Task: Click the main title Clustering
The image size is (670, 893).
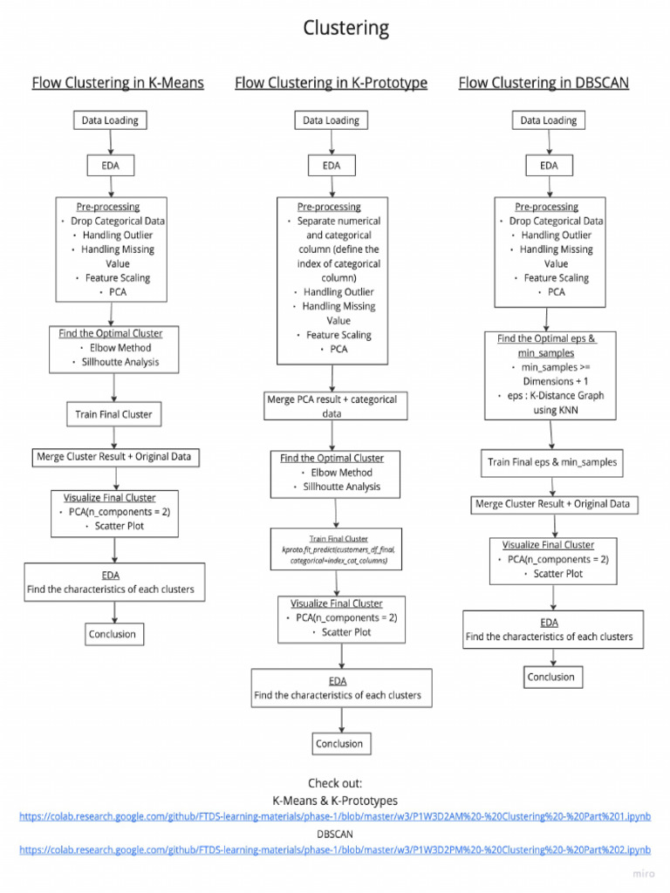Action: [x=345, y=29]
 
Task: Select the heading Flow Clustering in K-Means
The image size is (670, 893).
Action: [x=118, y=83]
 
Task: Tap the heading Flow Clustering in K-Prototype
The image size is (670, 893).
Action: [x=331, y=83]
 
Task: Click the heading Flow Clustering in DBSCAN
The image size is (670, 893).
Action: [x=544, y=83]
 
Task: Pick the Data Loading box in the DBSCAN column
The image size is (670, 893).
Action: [x=549, y=120]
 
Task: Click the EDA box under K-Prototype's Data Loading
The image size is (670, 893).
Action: [x=332, y=165]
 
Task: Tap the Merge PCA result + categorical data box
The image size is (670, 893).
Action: [x=331, y=406]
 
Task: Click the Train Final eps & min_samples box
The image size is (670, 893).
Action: [x=551, y=462]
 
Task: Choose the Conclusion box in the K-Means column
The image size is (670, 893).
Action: [x=113, y=634]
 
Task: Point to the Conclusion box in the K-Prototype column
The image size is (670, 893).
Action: [x=339, y=743]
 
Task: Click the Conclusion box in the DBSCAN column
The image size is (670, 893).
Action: [x=551, y=677]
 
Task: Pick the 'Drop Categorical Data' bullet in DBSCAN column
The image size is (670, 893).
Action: [x=556, y=222]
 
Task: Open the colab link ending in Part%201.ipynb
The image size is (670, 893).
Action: [x=335, y=816]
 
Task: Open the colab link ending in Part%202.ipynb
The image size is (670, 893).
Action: [x=335, y=849]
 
